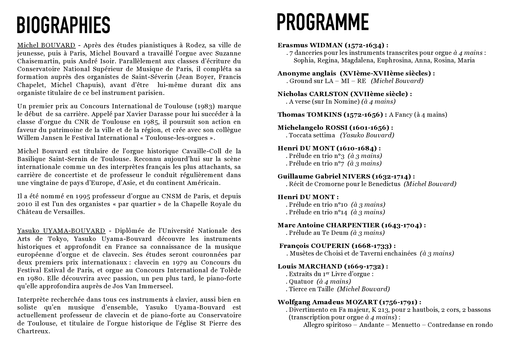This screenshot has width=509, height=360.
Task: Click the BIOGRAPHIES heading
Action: [64, 25]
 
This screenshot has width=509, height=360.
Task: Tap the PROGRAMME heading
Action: [323, 22]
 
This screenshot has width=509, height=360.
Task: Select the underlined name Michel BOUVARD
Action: [46, 45]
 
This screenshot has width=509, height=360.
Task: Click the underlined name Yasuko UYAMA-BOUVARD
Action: [61, 231]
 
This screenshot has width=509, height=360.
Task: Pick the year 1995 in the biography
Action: [83, 196]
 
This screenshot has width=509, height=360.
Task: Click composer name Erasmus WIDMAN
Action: [310, 45]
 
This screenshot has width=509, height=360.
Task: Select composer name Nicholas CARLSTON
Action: [313, 94]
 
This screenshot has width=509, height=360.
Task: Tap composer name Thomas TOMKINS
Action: [309, 115]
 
